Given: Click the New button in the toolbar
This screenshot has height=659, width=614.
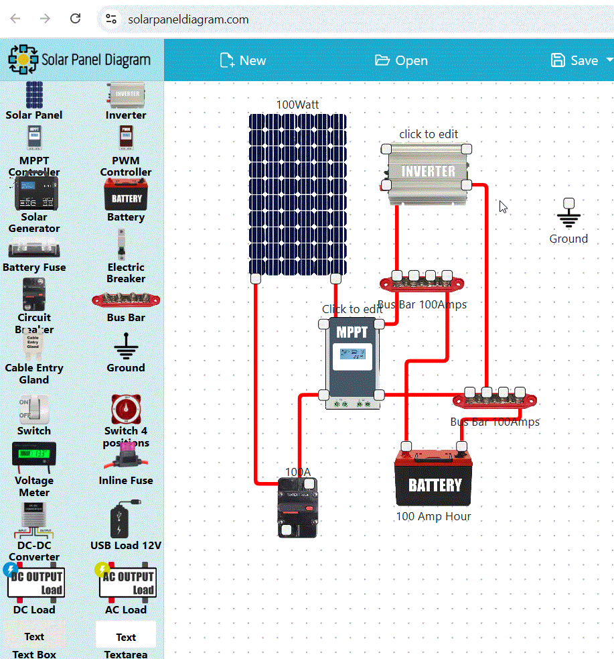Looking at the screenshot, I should click(243, 60).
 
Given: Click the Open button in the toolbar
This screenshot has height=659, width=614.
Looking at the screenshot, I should click(401, 60).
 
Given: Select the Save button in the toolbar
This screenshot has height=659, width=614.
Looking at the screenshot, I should click(575, 60).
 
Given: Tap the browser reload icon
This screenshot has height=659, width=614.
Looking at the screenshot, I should click(76, 19).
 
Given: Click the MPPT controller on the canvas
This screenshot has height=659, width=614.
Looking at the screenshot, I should click(352, 362).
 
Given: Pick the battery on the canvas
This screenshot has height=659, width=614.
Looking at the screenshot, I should click(435, 480).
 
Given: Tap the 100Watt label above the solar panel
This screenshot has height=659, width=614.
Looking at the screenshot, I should click(298, 105).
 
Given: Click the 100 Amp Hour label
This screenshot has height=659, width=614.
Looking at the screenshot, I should click(433, 516).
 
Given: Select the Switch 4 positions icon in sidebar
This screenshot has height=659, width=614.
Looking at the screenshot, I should click(125, 409).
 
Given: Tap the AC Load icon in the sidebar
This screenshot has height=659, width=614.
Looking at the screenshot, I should click(126, 583).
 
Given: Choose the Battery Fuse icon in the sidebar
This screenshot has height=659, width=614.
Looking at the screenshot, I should click(34, 250).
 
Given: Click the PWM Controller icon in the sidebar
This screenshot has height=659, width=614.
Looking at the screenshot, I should click(125, 139).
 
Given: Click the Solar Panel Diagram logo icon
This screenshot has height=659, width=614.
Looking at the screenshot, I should click(23, 60).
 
